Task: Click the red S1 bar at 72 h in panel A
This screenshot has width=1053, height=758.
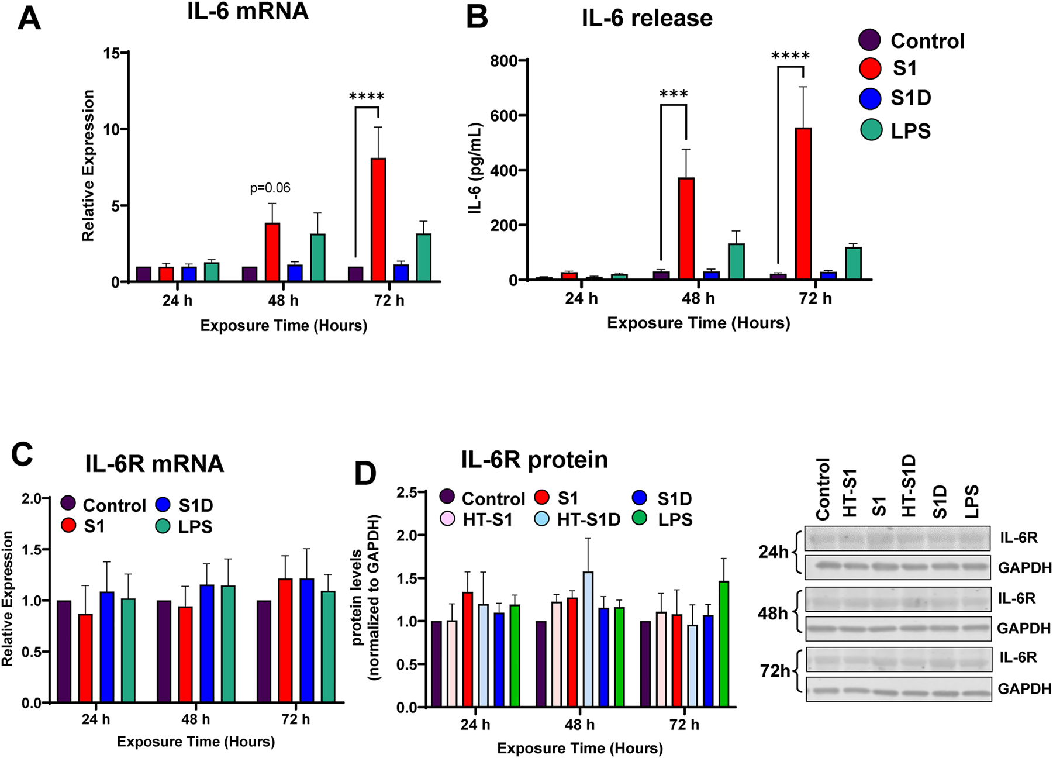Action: (x=378, y=220)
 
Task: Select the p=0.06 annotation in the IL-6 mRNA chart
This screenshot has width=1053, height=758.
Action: (x=270, y=188)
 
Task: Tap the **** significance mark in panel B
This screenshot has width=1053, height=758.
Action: (x=790, y=57)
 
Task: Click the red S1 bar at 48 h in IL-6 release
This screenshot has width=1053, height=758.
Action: (x=686, y=229)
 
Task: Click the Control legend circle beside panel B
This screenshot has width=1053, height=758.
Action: (x=870, y=40)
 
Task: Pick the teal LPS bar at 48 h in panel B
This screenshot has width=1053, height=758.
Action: (x=736, y=261)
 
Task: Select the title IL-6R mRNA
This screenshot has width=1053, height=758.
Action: (x=154, y=464)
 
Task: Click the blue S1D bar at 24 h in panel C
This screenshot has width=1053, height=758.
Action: (x=107, y=647)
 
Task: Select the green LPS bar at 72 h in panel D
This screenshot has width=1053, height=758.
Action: (x=724, y=644)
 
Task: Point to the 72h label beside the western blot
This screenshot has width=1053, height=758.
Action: (x=775, y=671)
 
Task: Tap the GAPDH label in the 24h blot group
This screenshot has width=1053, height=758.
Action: (x=1024, y=567)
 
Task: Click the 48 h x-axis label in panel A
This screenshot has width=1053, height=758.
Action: (x=283, y=301)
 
